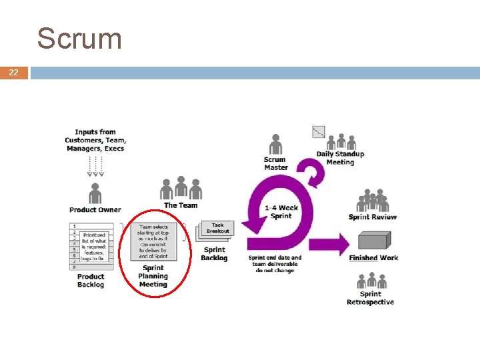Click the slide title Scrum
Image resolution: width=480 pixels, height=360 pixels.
[79, 39]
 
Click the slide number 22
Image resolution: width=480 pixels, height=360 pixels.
[14, 73]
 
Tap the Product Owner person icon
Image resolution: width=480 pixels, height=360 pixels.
[95, 194]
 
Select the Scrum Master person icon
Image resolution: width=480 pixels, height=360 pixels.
[275, 144]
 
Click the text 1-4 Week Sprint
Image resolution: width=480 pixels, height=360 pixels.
[281, 211]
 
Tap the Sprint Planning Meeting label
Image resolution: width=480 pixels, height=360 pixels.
[153, 276]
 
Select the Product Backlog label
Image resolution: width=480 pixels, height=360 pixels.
[91, 281]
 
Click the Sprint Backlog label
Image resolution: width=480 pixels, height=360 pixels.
[214, 254]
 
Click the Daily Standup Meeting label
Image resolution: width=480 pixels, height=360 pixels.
[340, 158]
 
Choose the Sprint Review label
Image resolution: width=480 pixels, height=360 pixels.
[372, 217]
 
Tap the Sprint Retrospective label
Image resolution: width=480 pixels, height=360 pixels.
[370, 298]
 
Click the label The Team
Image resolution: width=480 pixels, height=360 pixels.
[181, 205]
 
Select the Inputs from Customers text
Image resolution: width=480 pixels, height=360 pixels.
[95, 140]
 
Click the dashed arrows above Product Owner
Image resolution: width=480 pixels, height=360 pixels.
[95, 167]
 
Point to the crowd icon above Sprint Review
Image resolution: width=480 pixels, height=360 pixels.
[372, 200]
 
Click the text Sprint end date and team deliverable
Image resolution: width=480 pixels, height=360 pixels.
[275, 264]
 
